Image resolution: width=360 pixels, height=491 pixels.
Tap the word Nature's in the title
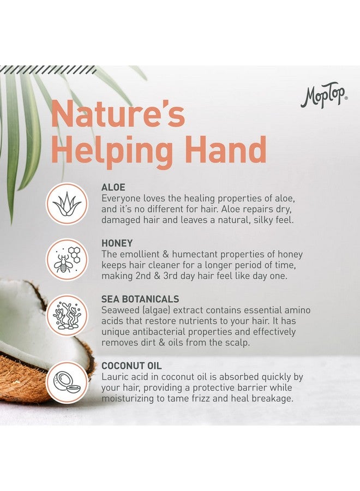tap(118, 116)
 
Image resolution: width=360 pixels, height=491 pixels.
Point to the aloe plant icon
tap(67, 203)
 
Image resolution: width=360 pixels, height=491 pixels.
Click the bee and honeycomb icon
tap(67, 259)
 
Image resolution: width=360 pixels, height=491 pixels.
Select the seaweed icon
tap(67, 315)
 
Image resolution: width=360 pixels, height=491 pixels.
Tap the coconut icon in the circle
tap(67, 381)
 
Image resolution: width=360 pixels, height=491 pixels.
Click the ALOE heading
tap(113, 188)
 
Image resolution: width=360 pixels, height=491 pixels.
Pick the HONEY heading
tap(117, 244)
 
